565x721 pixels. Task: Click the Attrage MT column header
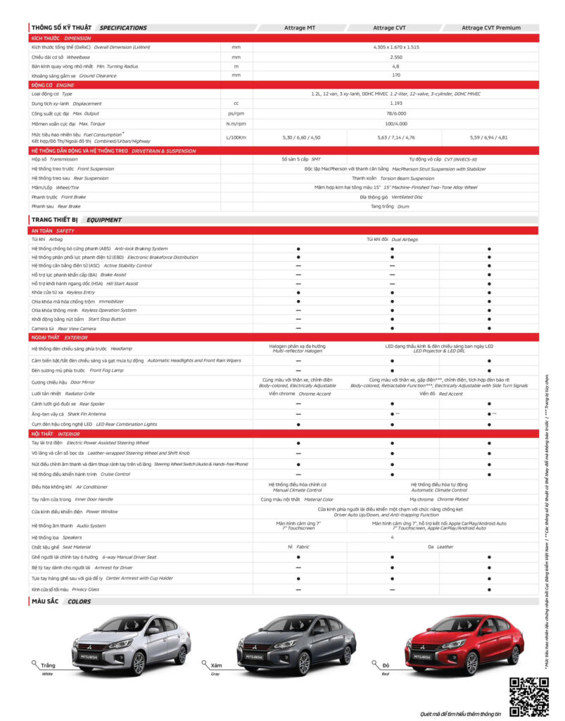299,28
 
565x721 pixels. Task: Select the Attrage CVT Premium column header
490,28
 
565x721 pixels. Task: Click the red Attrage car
465,644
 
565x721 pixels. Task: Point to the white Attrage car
132,644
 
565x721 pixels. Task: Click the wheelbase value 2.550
395,56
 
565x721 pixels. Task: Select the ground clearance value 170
395,75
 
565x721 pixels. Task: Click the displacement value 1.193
395,103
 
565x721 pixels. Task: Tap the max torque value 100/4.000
395,123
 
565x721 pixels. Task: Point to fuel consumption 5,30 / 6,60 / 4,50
300,137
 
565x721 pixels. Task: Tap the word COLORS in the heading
79,601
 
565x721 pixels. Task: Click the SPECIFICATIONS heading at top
123,28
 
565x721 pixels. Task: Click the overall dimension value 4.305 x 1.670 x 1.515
395,47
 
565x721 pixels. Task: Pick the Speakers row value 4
392,537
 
